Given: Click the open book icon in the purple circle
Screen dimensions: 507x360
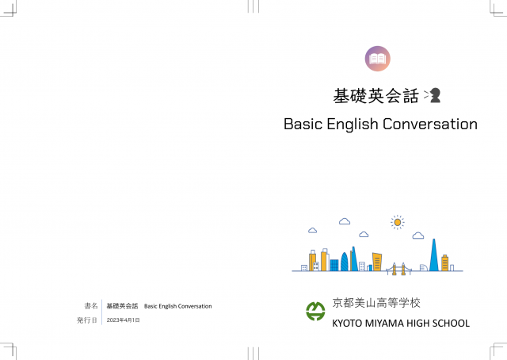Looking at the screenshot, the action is [377, 59].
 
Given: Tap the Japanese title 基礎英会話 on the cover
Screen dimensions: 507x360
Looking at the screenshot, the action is [375, 96].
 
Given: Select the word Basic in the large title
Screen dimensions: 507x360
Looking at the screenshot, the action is [303, 124].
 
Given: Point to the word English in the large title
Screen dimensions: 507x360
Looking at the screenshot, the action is [352, 124].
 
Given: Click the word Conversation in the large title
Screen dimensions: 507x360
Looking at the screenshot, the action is [430, 124].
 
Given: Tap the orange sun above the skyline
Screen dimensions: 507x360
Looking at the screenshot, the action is [398, 222].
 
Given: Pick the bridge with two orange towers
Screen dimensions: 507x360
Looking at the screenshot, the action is [398, 269].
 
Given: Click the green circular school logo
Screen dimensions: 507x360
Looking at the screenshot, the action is [315, 311].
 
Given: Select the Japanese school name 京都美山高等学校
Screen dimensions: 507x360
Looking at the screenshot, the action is [376, 303].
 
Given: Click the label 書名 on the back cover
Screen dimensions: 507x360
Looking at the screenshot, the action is [91, 305].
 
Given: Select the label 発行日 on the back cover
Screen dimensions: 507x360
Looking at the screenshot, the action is [86, 320].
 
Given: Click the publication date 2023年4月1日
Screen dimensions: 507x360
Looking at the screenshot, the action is [124, 320].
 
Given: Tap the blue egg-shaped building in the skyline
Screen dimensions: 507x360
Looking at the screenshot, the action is [345, 262].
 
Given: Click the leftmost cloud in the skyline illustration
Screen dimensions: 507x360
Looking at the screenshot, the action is [312, 230].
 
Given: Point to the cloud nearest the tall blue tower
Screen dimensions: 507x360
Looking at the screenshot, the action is [418, 236].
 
